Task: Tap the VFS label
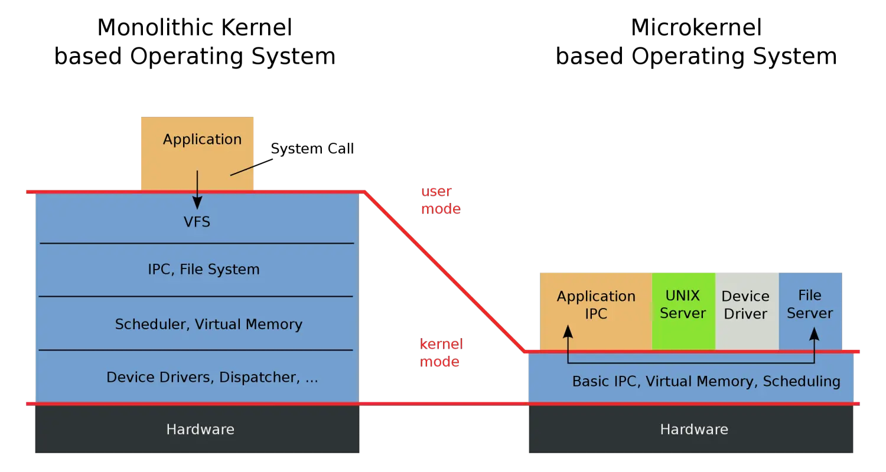point(197,222)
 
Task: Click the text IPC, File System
point(203,270)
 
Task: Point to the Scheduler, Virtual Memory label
point(209,324)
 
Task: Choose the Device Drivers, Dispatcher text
point(212,377)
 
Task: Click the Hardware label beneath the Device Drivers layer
point(200,429)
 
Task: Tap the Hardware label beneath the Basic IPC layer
point(693,429)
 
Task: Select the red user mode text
point(441,200)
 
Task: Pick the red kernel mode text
point(441,352)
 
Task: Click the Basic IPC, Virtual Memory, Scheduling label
point(706,381)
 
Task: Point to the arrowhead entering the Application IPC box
point(568,331)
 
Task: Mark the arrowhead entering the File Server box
point(814,334)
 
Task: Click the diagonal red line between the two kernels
point(443,271)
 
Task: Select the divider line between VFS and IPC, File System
point(197,243)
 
